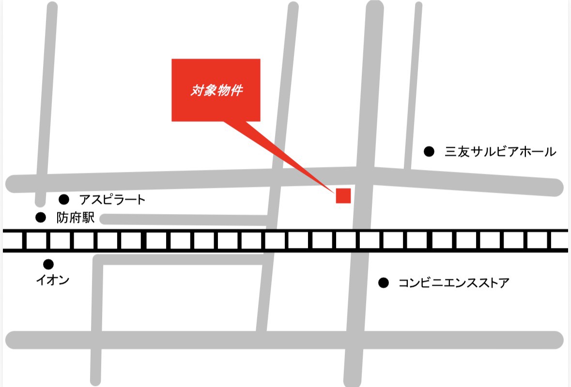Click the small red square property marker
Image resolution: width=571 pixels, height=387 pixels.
(343, 195)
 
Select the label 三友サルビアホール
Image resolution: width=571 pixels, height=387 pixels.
(500, 152)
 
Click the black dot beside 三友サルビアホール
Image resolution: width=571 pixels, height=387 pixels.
(429, 152)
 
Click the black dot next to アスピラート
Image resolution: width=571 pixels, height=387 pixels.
(63, 199)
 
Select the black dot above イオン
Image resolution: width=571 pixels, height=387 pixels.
(48, 264)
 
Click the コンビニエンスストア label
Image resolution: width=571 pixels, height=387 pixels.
(454, 283)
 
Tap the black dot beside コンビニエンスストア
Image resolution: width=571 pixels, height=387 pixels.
(384, 283)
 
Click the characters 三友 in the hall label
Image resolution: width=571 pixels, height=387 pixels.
(457, 152)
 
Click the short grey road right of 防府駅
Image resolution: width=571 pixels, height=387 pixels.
(184, 219)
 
